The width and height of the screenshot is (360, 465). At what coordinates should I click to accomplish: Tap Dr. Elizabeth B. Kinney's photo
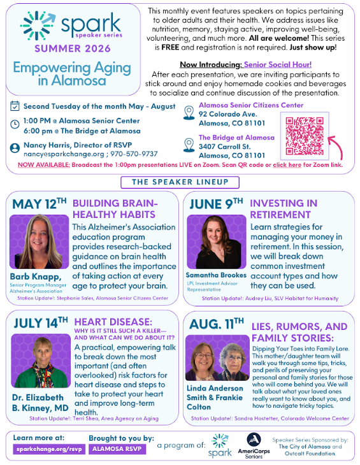(36, 361)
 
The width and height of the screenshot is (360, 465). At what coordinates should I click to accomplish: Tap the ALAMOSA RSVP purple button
(117, 448)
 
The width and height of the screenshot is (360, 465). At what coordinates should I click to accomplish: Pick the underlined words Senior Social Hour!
(278, 64)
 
